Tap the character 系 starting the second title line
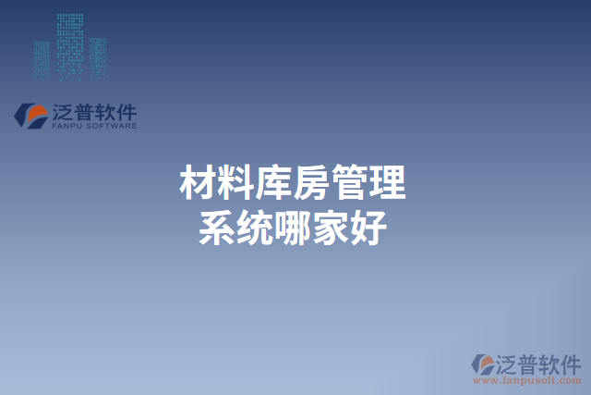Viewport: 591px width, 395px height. [217, 226]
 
